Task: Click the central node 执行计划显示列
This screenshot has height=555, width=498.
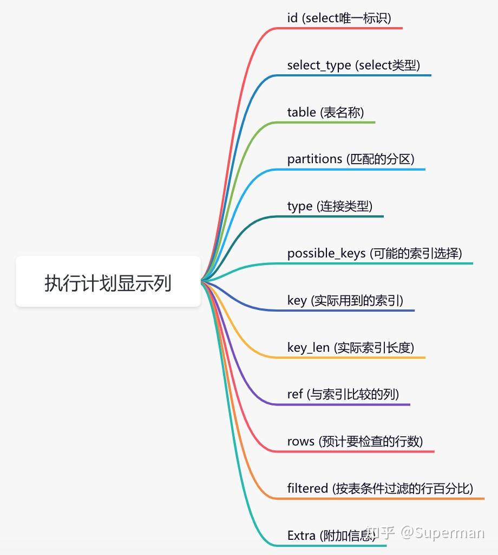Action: coord(108,282)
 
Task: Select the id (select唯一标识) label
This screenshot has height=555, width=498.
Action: coord(339,18)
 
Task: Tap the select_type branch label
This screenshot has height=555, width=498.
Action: coord(353,65)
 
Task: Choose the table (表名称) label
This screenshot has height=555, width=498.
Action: coord(325,112)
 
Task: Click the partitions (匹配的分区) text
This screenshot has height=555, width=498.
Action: coord(350,159)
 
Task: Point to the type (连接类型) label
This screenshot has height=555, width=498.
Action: coord(330,206)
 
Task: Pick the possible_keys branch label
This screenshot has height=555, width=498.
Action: coord(375,253)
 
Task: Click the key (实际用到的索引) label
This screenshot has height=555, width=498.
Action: coord(345,300)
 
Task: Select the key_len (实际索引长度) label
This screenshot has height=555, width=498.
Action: coord(350,347)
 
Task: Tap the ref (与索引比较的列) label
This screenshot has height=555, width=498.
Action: coord(343,394)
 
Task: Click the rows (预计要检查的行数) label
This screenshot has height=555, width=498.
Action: coord(355,441)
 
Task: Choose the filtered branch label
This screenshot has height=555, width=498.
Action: coord(380,488)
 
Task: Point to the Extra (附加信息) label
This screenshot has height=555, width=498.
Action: coord(331,535)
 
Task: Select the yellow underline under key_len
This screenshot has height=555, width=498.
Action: coord(357,357)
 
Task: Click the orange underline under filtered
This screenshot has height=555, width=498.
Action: coord(390,498)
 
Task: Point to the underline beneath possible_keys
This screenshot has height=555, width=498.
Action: coord(384,263)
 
